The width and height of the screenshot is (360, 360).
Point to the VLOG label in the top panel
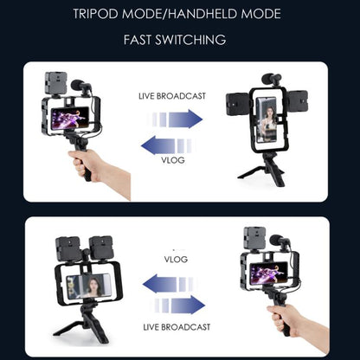point(172,160)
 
